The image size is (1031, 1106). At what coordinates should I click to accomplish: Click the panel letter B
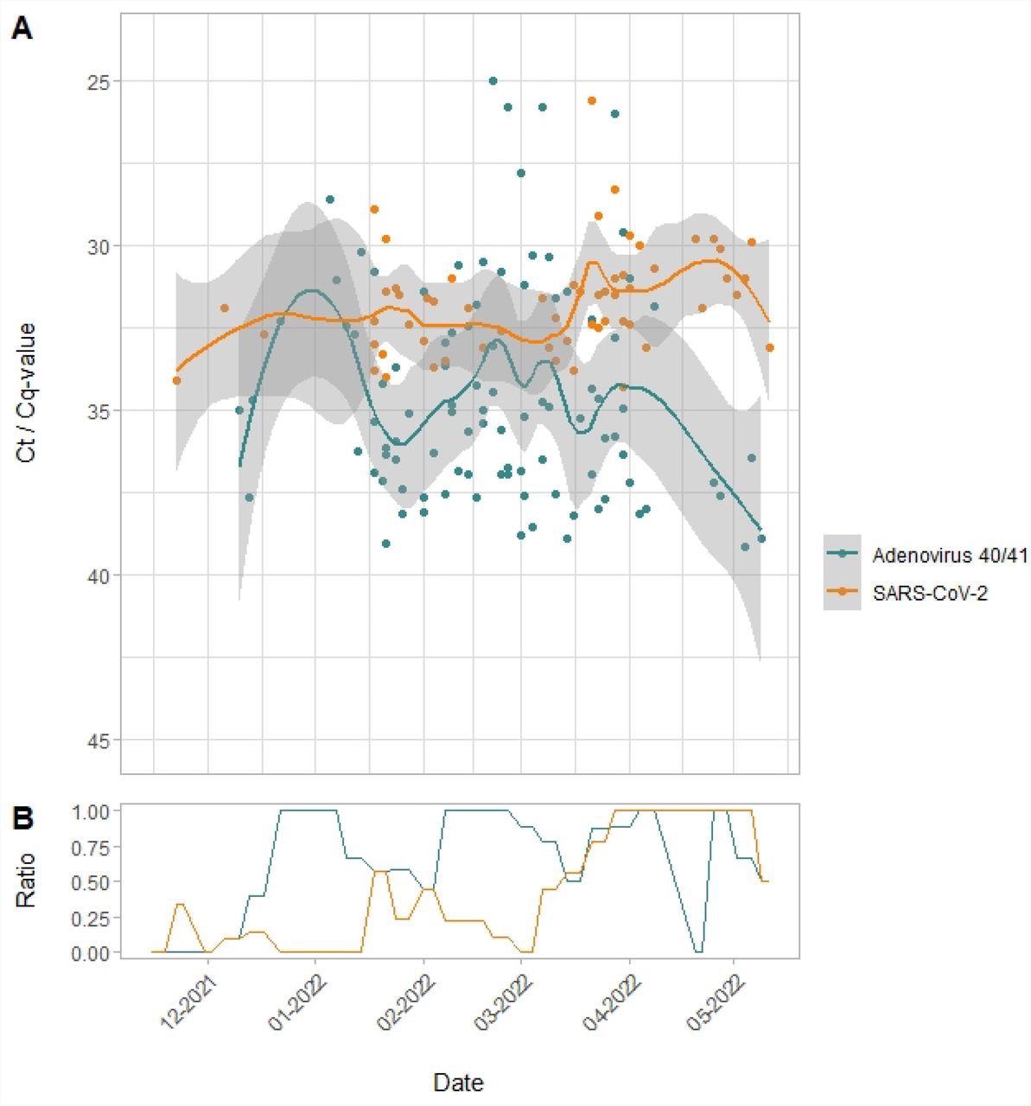22,818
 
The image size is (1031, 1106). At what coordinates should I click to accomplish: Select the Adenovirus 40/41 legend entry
925,555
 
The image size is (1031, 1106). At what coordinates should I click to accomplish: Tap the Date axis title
458,1082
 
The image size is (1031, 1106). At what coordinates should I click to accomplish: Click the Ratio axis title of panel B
28,880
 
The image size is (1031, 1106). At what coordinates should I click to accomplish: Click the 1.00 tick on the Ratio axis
91,811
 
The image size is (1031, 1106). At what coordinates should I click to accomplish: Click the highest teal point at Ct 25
493,80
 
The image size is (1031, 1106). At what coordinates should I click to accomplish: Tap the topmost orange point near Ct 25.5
592,100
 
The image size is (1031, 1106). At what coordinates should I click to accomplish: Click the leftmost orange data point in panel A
176,380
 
